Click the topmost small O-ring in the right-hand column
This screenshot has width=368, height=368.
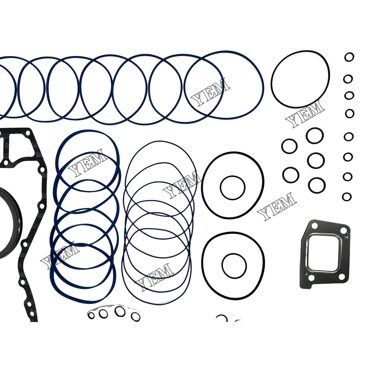pyautogui.click(x=349, y=57)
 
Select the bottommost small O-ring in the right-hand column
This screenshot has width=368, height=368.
pyautogui.click(x=347, y=197)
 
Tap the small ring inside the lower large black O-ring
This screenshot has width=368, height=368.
pyautogui.click(x=234, y=266)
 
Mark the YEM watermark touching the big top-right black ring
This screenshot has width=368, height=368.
pyautogui.click(x=305, y=114)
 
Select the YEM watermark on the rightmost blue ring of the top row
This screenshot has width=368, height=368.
pyautogui.click(x=210, y=91)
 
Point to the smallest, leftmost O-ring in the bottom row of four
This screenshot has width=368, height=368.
pyautogui.click(x=91, y=315)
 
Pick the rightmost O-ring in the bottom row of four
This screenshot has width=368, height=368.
pyautogui.click(x=135, y=316)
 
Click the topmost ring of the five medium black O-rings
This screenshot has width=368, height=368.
pyautogui.click(x=315, y=135)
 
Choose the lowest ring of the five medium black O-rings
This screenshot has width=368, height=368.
pyautogui.click(x=317, y=185)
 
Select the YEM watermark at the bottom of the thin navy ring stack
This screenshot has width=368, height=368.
pyautogui.click(x=154, y=276)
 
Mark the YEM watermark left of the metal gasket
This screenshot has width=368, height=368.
pyautogui.click(x=277, y=206)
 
